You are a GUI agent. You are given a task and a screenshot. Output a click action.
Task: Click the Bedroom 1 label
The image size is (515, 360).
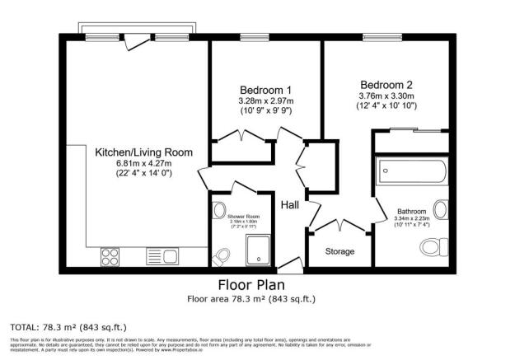coord(265,89)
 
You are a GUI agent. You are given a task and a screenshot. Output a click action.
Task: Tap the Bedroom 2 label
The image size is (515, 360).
coord(385,84)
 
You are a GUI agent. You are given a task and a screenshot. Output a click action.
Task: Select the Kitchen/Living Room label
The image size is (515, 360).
coord(143,152)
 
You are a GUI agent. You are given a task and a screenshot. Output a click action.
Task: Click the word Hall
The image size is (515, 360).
coord(289,204)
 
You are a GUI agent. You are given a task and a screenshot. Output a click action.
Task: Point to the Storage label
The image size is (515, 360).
coord(339,251)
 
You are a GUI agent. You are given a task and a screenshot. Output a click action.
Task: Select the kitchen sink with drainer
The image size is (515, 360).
coord(162,256)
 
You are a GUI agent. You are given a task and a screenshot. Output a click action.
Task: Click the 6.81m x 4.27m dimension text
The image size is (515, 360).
coord(143,163)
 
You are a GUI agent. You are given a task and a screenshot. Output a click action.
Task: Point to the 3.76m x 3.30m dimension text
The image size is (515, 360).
coord(385,96)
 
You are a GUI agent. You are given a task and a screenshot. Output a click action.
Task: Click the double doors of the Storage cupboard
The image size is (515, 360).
coord(339,225)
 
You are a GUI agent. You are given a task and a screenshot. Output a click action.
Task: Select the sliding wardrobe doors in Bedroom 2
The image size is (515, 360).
coord(411,132)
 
